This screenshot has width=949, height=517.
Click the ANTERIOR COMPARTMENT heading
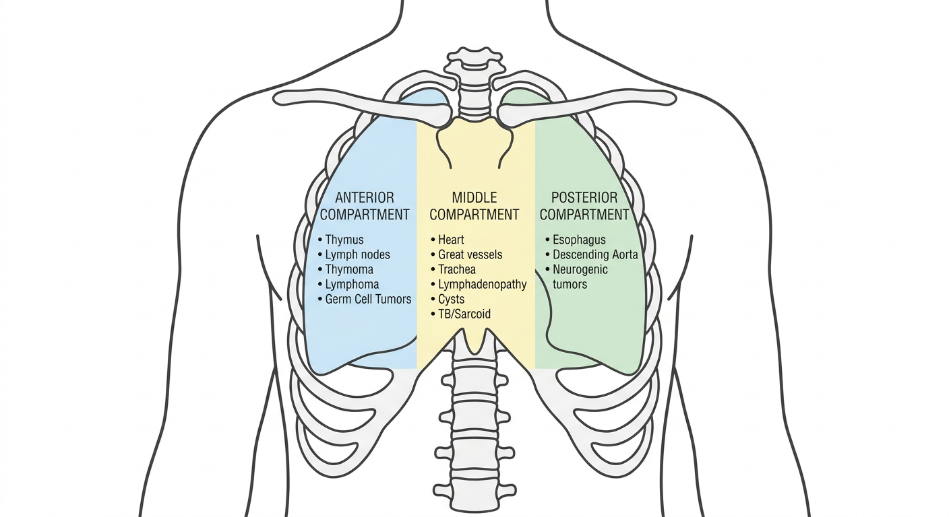coord(365,206)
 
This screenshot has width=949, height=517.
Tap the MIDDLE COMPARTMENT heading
coord(474,206)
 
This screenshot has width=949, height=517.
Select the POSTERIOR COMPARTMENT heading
coord(584,206)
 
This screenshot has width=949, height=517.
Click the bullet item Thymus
coord(340,240)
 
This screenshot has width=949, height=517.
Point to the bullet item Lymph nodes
coord(354,254)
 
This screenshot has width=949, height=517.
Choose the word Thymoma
coord(349,269)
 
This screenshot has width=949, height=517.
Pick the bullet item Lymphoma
coord(348,284)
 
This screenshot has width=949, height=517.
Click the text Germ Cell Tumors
coord(368,299)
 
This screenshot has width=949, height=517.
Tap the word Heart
coord(451,240)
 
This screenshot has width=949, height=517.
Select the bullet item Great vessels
coord(466,254)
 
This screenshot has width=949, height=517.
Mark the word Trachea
coord(457,269)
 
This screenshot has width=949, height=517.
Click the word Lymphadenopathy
coord(483,284)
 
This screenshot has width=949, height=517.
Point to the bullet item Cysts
coord(448,299)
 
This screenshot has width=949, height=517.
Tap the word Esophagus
coord(579,240)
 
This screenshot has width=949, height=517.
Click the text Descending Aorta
coord(595,254)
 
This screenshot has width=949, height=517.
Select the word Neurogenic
coord(580,269)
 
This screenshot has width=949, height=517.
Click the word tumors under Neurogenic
coord(570,284)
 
